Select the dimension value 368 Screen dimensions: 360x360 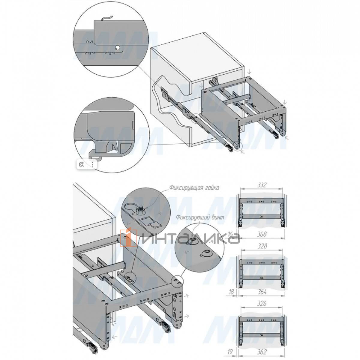[262, 234]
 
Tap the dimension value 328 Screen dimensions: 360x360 [262, 246]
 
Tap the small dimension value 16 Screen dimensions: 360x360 [231, 234]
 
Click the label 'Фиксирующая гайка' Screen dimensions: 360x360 [194, 188]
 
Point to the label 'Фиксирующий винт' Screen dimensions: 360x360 [200, 217]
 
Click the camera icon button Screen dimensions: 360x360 [82, 164]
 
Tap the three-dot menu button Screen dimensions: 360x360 [93, 164]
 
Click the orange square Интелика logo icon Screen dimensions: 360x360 [129, 238]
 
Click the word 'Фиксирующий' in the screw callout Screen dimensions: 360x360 [192, 217]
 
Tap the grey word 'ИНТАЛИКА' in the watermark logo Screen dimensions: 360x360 [191, 239]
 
